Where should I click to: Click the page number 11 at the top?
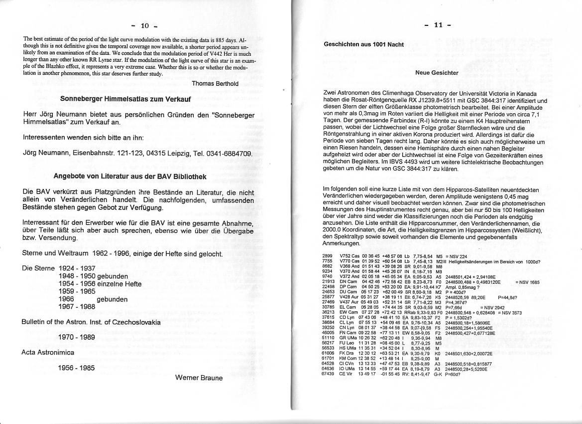point(438,25)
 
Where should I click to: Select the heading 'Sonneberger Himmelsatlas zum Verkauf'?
point(125,99)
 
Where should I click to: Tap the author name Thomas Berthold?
point(215,83)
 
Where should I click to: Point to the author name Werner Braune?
point(199,378)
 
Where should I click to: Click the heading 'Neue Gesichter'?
point(437,73)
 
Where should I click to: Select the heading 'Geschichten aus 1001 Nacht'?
point(363,44)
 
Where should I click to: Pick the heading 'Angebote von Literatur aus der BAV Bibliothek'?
point(130,176)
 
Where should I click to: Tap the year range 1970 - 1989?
point(76,337)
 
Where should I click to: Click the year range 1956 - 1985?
point(76,368)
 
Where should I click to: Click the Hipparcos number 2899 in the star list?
point(328,256)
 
